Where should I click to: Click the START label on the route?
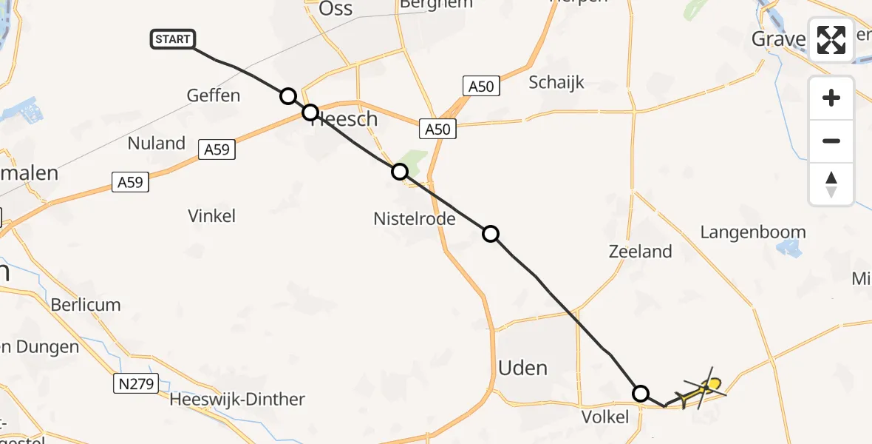(173, 39)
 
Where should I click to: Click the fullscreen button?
(831, 40)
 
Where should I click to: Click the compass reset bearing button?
(831, 184)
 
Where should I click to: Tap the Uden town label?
(523, 368)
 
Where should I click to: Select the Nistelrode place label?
(415, 220)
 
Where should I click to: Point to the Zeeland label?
(640, 252)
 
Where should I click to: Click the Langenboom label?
(752, 232)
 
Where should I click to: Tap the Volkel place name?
(605, 417)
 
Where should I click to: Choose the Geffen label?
(214, 95)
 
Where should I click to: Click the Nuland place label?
(157, 144)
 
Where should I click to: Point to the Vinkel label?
(212, 216)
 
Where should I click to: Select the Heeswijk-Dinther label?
(237, 400)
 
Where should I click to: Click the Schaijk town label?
(556, 82)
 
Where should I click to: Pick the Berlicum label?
(86, 305)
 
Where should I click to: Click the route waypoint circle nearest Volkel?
(641, 393)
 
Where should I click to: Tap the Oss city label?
(336, 10)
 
